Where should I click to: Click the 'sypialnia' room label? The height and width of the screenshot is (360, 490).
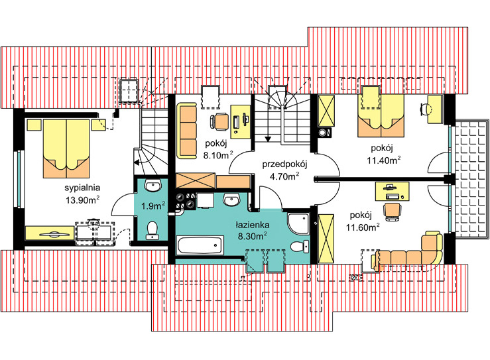click(x=82, y=188)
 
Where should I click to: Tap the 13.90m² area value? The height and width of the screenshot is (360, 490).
click(x=82, y=200)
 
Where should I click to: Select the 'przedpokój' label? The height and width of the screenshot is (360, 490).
click(x=284, y=164)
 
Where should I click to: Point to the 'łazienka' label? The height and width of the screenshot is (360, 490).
click(x=252, y=225)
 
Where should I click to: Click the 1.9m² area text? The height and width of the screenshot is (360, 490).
click(x=153, y=206)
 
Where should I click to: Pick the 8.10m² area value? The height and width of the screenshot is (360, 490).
click(x=218, y=154)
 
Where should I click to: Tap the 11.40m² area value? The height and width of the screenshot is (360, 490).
click(x=384, y=160)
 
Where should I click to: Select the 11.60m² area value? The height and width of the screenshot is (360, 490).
click(x=363, y=227)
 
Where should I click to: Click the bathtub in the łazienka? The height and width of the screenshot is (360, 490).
click(x=200, y=245)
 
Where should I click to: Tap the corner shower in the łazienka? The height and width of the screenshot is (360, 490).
click(x=298, y=223)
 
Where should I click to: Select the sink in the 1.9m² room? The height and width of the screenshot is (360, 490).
click(x=153, y=186)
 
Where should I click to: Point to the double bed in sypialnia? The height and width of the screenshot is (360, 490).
click(x=66, y=149)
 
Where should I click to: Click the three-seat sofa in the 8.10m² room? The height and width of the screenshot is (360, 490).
click(x=186, y=131)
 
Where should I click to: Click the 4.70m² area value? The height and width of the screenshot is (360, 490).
click(x=284, y=176)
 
